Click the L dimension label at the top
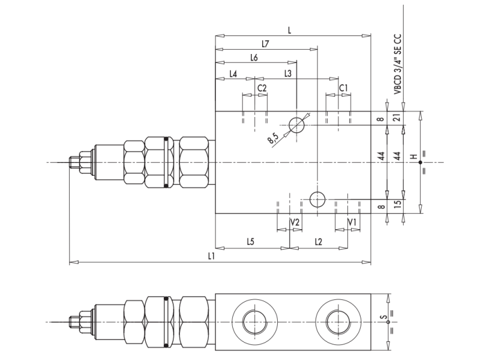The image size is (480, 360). pyautogui.click(x=290, y=29)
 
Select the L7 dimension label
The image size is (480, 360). pyautogui.click(x=265, y=44)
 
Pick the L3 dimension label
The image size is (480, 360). pyautogui.click(x=287, y=74)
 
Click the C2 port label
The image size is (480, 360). pyautogui.click(x=262, y=88)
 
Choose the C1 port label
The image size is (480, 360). pyautogui.click(x=343, y=88)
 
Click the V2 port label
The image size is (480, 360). pyautogui.click(x=295, y=222)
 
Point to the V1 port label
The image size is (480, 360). pyautogui.click(x=353, y=222)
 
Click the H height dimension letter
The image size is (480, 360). pyautogui.click(x=413, y=157)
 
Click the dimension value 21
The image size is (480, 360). pyautogui.click(x=397, y=118)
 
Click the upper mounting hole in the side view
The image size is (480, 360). pyautogui.click(x=297, y=125)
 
